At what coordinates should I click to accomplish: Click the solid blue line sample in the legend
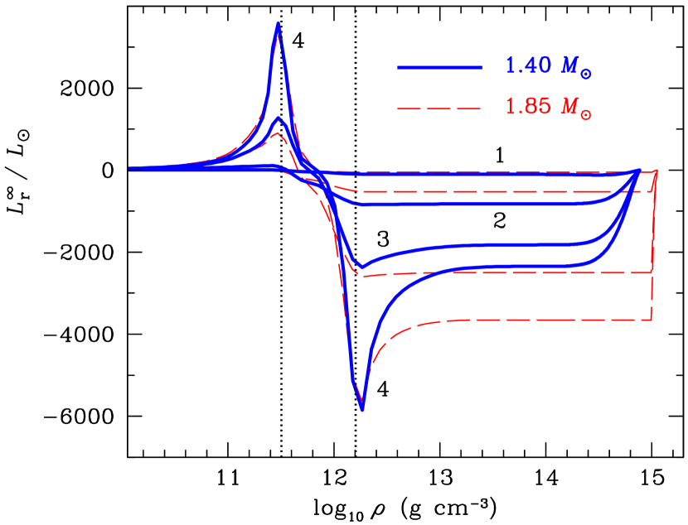pos(439,67)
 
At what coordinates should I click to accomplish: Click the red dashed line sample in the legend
pos(439,108)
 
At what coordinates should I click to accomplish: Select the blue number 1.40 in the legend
pos(527,67)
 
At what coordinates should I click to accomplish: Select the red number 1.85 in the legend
pos(527,108)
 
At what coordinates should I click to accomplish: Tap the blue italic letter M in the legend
pos(569,67)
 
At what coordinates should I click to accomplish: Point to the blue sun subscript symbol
pos(586,75)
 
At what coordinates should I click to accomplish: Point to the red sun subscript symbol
pos(586,115)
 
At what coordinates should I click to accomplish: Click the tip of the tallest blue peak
pos(279,22)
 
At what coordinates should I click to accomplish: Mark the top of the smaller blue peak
pos(279,118)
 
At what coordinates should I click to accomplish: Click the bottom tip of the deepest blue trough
pos(362,409)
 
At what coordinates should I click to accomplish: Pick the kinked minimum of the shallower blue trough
pos(361,267)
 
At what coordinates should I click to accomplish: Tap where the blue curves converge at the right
pos(637,171)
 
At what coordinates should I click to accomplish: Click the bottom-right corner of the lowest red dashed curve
pos(652,319)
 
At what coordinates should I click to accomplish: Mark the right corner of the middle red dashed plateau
pos(653,272)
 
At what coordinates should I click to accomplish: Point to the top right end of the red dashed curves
pos(657,171)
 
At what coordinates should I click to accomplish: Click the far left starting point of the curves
pos(131,169)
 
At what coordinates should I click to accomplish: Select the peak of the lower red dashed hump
pos(277,134)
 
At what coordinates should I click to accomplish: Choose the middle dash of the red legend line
pos(439,108)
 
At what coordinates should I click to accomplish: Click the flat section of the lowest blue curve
pos(514,267)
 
